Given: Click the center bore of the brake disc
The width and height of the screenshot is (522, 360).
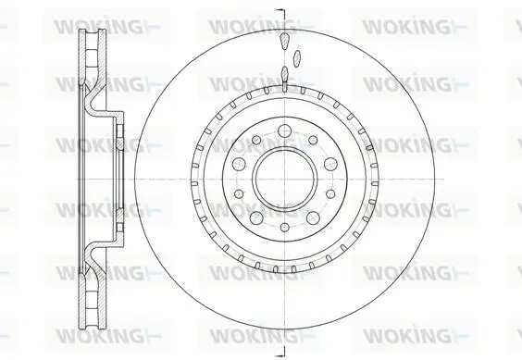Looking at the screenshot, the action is tap(284, 180).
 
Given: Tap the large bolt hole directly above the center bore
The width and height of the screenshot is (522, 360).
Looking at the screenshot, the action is tap(284, 130).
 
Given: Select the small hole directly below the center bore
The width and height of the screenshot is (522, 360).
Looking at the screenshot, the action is tap(284, 228).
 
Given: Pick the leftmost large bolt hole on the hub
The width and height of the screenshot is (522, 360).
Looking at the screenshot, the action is tap(239, 164).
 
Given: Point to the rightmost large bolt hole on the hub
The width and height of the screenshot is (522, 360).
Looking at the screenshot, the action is tap(329, 164).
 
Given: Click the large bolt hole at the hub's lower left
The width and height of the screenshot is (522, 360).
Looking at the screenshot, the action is tap(256, 218).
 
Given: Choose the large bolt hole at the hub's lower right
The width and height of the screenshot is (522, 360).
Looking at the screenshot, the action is tap(313, 218).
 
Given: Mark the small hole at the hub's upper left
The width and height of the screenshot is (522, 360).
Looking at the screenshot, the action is tap(256, 140).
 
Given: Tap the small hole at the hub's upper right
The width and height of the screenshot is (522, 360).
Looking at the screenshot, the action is tap(313, 140).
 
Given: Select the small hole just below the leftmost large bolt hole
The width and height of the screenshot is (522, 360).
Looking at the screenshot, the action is tap(239, 193).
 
